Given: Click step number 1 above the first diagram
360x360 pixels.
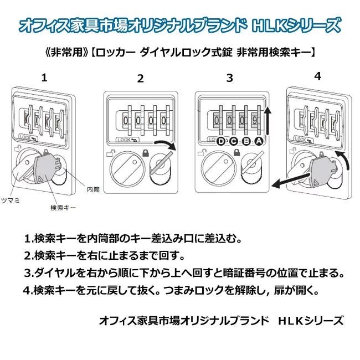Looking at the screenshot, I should (x=44, y=78).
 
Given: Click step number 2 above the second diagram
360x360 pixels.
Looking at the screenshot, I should (x=140, y=79).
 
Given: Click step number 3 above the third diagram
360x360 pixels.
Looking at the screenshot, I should (x=229, y=78).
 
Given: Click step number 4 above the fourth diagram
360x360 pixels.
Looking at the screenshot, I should (x=317, y=75).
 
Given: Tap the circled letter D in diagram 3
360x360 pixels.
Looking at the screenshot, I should (x=222, y=141).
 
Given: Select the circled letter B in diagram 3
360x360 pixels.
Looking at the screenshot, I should (x=245, y=141).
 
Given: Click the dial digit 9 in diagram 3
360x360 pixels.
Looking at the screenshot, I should (x=255, y=120).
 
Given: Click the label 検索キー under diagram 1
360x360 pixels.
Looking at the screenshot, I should (x=63, y=207).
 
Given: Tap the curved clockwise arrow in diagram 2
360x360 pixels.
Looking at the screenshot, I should (x=164, y=146).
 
